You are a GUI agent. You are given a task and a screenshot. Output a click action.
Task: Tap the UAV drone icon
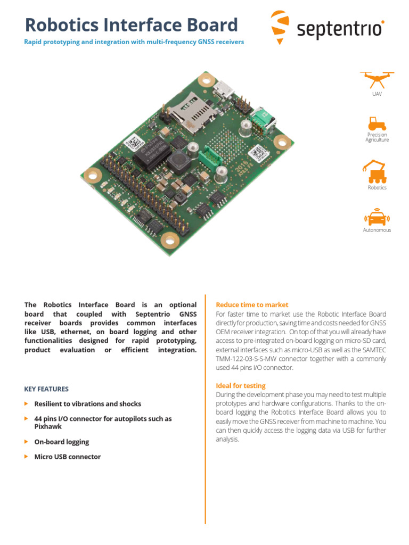point(377,79)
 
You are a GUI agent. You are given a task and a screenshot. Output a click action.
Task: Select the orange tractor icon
point(377,123)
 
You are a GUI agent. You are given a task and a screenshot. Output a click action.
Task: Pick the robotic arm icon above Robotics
point(376,170)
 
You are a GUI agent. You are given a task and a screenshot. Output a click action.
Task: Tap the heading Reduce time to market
point(252,305)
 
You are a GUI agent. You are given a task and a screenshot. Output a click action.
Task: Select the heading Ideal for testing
point(240,385)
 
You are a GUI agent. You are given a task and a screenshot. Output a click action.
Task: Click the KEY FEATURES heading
point(46,389)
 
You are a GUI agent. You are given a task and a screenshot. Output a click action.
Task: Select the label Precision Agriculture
point(377,137)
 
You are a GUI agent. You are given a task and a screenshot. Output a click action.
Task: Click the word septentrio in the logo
point(339,30)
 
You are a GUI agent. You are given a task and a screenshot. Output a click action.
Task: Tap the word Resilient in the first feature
point(51,404)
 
